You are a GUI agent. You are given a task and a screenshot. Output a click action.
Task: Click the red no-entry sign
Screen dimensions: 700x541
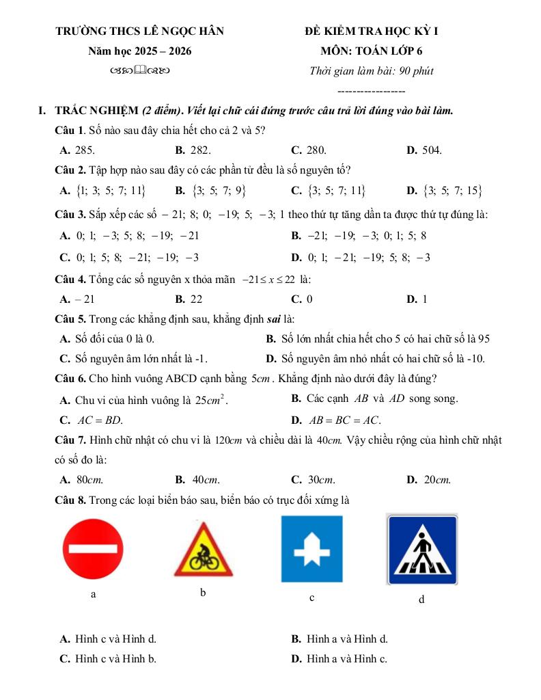[93, 549]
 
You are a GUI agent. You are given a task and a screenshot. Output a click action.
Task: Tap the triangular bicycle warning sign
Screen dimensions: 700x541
[202, 550]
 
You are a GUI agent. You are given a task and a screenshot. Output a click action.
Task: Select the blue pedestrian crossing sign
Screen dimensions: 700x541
[422, 549]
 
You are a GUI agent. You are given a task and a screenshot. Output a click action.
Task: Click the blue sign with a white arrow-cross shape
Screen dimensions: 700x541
[311, 549]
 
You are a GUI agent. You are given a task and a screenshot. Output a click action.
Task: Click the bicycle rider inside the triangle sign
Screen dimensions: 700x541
[202, 557]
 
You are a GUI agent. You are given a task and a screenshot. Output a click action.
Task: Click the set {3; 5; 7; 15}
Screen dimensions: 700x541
[445, 191]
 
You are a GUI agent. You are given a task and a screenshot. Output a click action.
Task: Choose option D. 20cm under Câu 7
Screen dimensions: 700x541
[429, 480]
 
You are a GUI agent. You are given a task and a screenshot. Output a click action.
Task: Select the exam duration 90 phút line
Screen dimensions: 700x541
[371, 70]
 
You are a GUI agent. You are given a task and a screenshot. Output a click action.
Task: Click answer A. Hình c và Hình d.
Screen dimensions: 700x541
[108, 639]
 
